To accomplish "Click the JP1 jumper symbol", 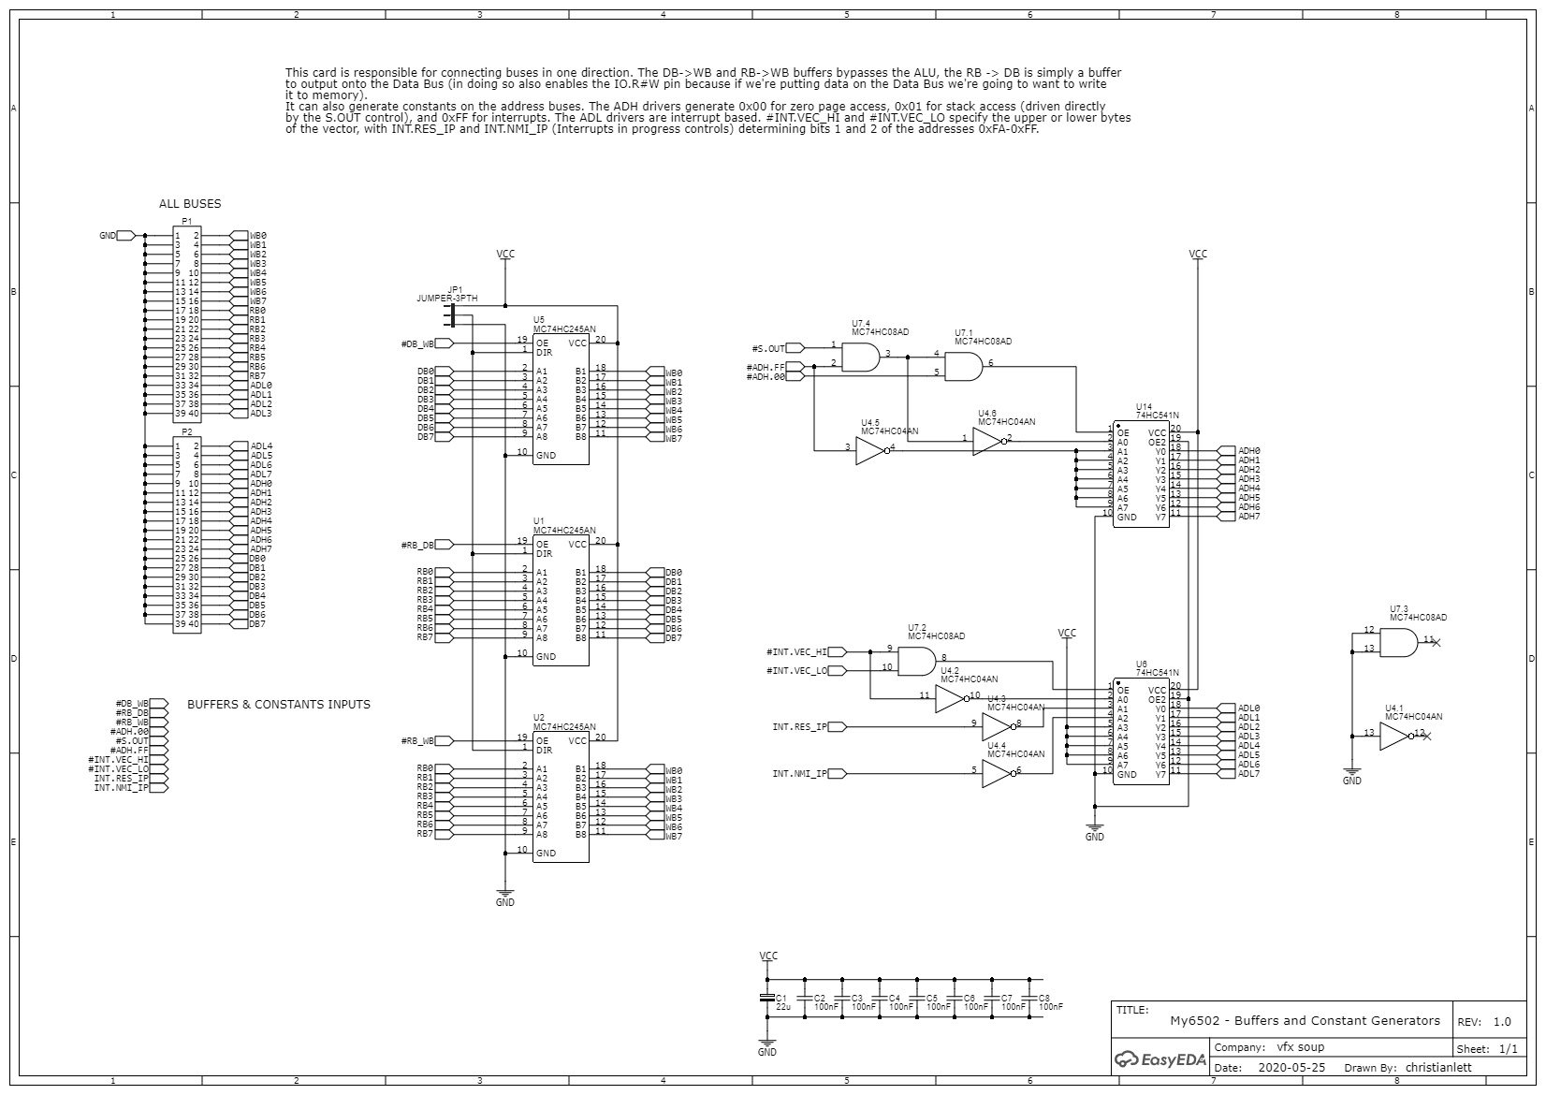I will (453, 315).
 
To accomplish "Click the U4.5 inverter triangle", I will (871, 451).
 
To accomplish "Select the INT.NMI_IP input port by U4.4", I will (837, 773).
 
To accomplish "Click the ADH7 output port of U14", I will (1227, 516).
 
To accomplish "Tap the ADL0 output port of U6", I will (1227, 708).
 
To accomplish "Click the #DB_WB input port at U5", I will (443, 344).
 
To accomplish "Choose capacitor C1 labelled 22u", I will (767, 998).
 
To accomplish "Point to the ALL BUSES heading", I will (190, 203).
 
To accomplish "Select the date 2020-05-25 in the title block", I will (1291, 1067).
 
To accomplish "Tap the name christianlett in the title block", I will (1437, 1067).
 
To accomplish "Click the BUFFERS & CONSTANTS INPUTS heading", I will (279, 704).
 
